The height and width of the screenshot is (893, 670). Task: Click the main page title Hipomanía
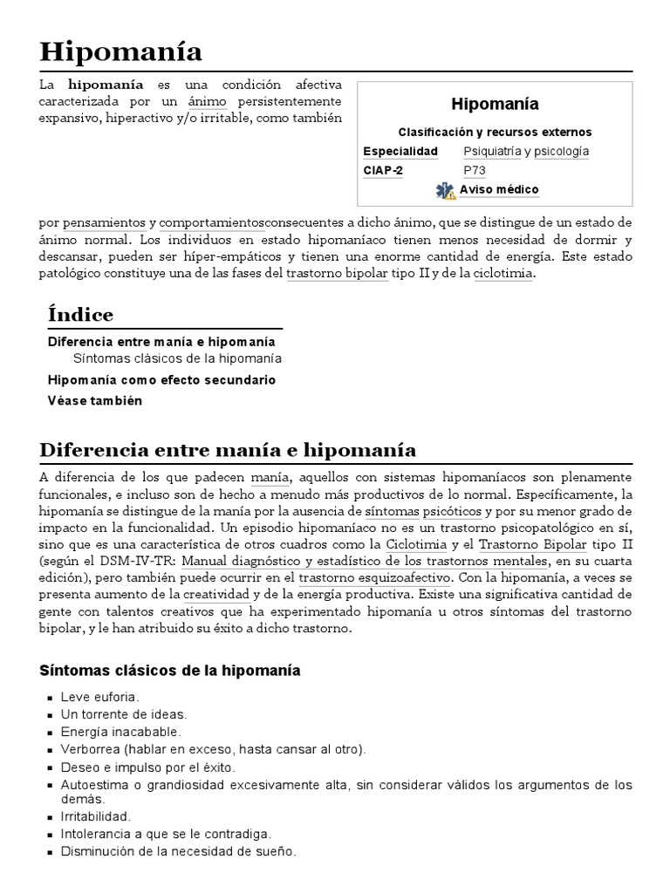[121, 51]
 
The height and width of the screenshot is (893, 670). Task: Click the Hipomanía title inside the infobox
[495, 105]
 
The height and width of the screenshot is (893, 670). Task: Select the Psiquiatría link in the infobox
[492, 151]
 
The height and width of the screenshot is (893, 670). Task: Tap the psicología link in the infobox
[561, 151]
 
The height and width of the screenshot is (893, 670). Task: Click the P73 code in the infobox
[475, 171]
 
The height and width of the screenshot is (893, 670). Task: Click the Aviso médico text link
[499, 190]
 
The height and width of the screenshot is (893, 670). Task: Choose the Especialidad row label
[400, 151]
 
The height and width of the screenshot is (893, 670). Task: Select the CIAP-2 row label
[383, 171]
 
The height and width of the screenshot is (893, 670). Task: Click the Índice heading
[80, 314]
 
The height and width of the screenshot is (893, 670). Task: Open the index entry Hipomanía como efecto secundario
[161, 380]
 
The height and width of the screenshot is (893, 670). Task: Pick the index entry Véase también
[94, 401]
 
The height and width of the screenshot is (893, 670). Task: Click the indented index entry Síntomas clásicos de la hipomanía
[177, 359]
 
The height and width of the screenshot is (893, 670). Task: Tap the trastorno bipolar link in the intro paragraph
[340, 273]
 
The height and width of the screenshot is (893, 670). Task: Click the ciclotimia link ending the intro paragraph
[502, 273]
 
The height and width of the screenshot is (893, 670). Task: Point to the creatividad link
[215, 594]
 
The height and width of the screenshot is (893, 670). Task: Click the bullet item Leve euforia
[99, 697]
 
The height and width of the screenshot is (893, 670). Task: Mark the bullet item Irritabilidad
[95, 816]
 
